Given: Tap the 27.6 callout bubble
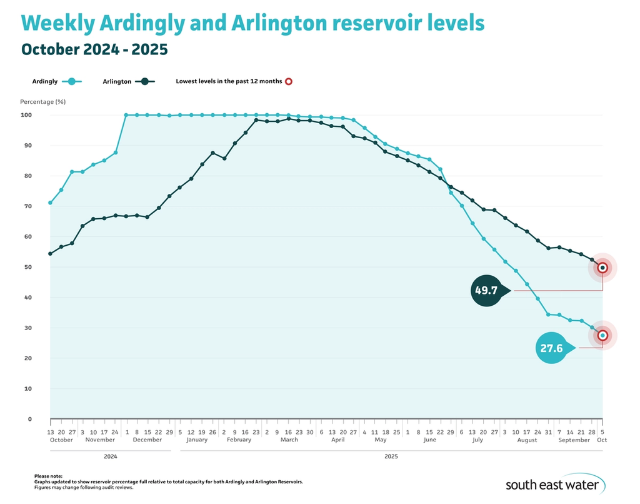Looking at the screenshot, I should [552, 348].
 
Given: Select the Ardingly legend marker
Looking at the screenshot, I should [73, 81].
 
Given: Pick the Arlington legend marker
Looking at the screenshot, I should [144, 81].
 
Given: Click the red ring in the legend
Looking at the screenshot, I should [289, 81].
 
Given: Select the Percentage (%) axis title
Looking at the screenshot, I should [42, 101].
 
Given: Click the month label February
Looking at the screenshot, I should [239, 440].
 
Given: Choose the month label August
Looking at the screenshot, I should [527, 440].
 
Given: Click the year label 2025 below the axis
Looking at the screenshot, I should [391, 456].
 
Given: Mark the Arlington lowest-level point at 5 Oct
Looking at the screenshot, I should [602, 268].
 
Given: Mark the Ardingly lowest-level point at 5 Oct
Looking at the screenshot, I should [602, 335].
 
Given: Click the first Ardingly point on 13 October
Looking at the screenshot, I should [50, 203].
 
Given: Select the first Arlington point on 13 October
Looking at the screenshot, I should [50, 254].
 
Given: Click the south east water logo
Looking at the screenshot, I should [552, 485].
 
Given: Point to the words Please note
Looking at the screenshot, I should [48, 476].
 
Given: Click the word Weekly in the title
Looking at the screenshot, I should [58, 24].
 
